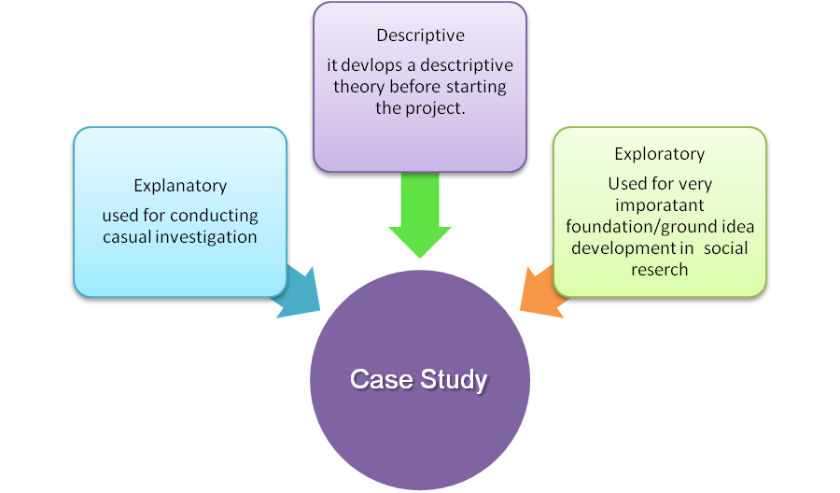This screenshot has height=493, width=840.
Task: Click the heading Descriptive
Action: pyautogui.click(x=421, y=35)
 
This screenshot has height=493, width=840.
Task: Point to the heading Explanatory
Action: pyautogui.click(x=180, y=186)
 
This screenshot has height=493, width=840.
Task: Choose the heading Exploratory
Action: pyautogui.click(x=660, y=154)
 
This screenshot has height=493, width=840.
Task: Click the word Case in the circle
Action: pyautogui.click(x=382, y=379)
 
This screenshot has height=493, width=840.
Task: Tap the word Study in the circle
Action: pyautogui.click(x=454, y=380)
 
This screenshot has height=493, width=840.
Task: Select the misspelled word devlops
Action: pyautogui.click(x=371, y=65)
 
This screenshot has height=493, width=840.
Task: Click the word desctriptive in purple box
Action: pyautogui.click(x=467, y=65)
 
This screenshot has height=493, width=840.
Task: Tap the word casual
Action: pyautogui.click(x=127, y=237)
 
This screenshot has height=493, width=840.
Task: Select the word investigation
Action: pyautogui.click(x=206, y=237)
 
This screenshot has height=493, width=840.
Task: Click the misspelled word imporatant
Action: pyautogui.click(x=660, y=205)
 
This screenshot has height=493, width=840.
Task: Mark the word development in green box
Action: pyautogui.click(x=624, y=248)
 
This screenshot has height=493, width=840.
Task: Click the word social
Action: pyautogui.click(x=726, y=248)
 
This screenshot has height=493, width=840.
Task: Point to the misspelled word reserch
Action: pyautogui.click(x=660, y=270)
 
